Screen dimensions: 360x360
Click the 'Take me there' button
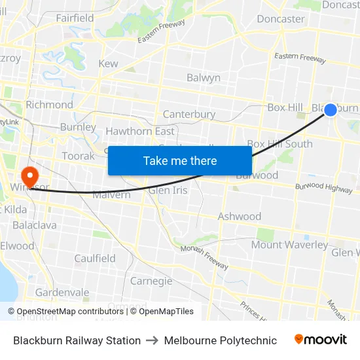click(180, 161)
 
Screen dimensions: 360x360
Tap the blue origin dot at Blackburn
click(331, 110)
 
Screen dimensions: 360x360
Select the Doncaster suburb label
click(280, 19)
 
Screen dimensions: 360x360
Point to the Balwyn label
click(203, 78)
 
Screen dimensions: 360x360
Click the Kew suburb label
click(108, 63)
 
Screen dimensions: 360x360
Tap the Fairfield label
click(75, 18)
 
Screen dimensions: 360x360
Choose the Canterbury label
click(189, 115)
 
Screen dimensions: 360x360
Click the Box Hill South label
click(279, 144)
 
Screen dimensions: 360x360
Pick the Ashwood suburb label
click(239, 217)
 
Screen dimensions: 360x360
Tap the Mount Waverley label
click(289, 245)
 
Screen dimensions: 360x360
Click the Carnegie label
click(151, 281)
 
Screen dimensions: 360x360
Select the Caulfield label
click(95, 259)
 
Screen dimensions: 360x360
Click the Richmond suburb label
click(49, 105)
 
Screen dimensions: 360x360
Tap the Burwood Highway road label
click(323, 188)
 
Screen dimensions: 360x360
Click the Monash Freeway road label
click(205, 255)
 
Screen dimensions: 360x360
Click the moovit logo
click(321, 340)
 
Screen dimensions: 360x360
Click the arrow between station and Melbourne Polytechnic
click(153, 340)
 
